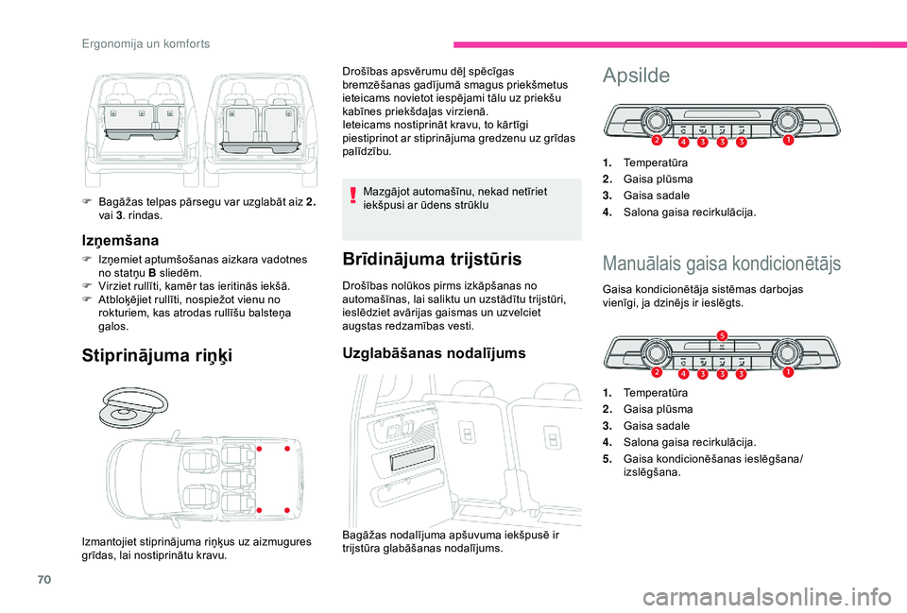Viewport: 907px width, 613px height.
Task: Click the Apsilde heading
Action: click(636, 75)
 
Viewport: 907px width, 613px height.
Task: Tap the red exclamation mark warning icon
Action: click(352, 196)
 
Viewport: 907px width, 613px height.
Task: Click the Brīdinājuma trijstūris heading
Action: click(434, 258)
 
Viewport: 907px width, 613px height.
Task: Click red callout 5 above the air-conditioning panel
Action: click(722, 335)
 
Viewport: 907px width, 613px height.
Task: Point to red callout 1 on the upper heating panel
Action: click(786, 141)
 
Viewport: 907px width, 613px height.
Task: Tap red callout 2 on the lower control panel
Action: click(656, 373)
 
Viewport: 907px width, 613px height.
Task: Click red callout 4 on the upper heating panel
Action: click(681, 144)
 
